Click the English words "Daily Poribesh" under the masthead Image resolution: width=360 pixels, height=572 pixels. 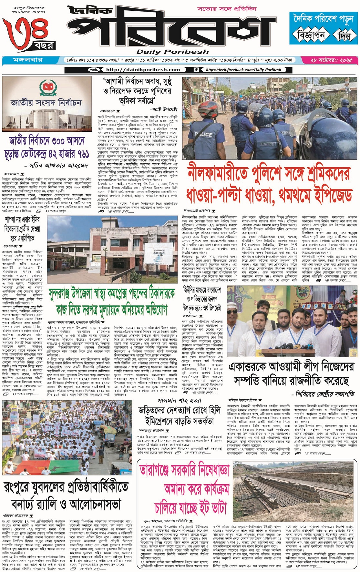(x=172, y=52)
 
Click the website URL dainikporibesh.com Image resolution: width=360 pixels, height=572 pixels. (x=143, y=70)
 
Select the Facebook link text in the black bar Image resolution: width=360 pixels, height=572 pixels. (x=243, y=70)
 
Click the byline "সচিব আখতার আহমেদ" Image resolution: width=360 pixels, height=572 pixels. (x=64, y=166)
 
